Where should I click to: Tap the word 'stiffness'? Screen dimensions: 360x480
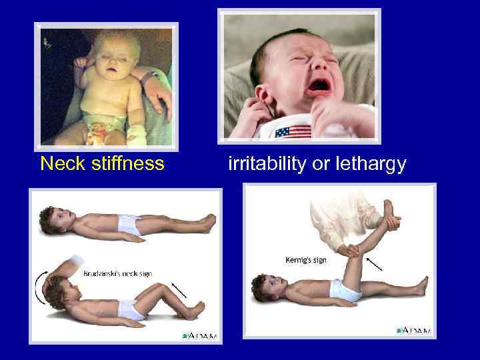pos(126,163)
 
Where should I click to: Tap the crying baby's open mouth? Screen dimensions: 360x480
pos(318,85)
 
